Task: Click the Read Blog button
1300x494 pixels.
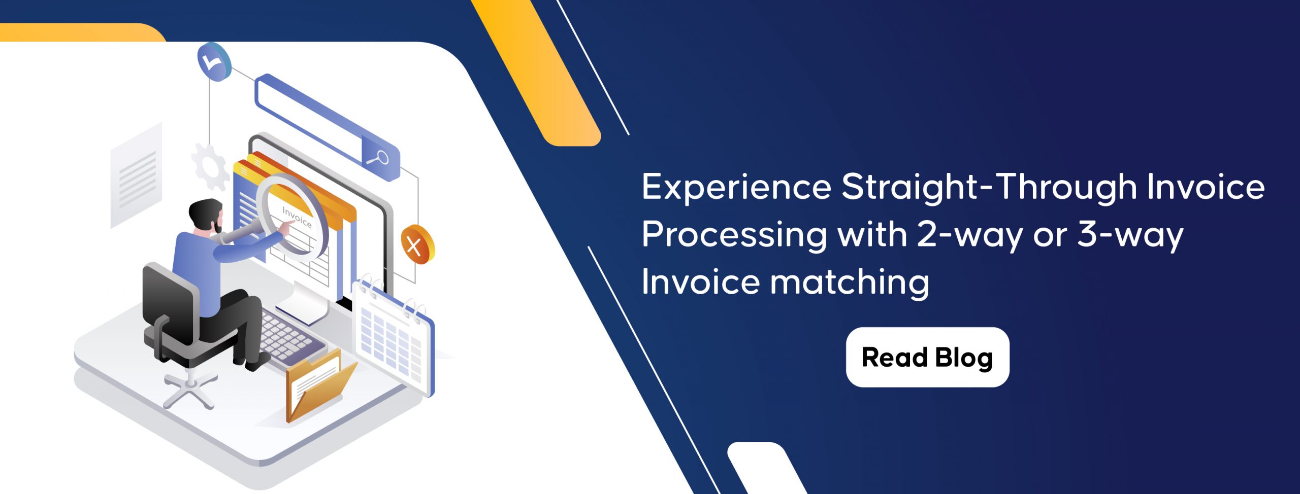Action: coord(927,357)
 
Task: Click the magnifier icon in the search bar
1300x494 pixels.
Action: coord(378,158)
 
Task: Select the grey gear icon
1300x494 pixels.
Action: coord(209,167)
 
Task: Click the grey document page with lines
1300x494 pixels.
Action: coord(136,175)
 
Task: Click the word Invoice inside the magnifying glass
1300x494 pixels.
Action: coord(297,217)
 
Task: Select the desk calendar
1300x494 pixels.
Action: coord(393,337)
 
